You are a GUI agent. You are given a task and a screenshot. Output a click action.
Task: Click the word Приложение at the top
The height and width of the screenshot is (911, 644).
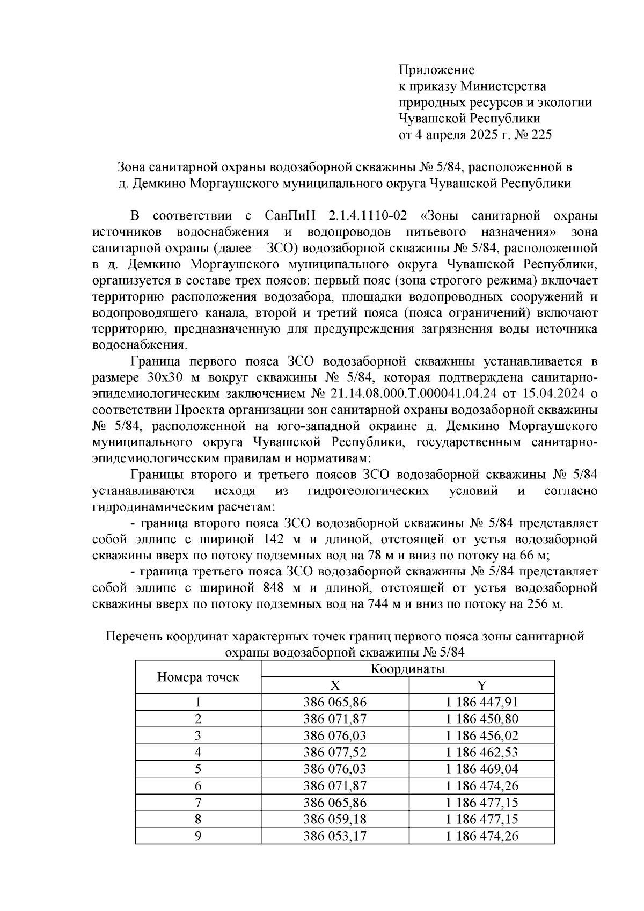tap(436, 70)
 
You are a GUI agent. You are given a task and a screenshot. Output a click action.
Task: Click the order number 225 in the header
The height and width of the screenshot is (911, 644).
tap(540, 135)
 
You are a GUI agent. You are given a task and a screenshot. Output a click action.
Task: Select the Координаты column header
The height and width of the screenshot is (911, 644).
tap(407, 669)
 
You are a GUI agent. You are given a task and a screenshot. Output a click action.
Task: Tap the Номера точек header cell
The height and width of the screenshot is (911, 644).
tap(198, 677)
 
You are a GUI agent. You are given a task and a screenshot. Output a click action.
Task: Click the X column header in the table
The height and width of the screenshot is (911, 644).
tap(335, 686)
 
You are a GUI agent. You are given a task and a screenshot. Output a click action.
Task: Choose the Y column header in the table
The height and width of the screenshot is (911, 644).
tap(481, 686)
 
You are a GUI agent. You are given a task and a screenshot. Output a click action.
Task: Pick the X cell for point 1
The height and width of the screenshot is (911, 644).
tap(335, 702)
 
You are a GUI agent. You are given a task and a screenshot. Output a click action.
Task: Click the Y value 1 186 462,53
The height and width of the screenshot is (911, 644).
tap(481, 752)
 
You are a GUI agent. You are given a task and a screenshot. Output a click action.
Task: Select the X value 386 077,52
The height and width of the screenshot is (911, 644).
tap(335, 752)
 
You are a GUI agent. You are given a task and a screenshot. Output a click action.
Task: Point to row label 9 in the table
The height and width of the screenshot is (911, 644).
tap(198, 836)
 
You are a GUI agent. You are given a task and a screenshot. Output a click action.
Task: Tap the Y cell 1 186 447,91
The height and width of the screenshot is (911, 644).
tap(481, 702)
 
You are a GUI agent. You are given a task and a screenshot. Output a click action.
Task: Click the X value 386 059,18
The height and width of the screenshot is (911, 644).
tap(335, 819)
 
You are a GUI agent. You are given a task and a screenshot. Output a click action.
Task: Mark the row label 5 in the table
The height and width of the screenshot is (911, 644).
tap(198, 769)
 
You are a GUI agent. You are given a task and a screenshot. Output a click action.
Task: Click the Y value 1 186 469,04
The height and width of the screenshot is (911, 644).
tap(481, 769)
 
